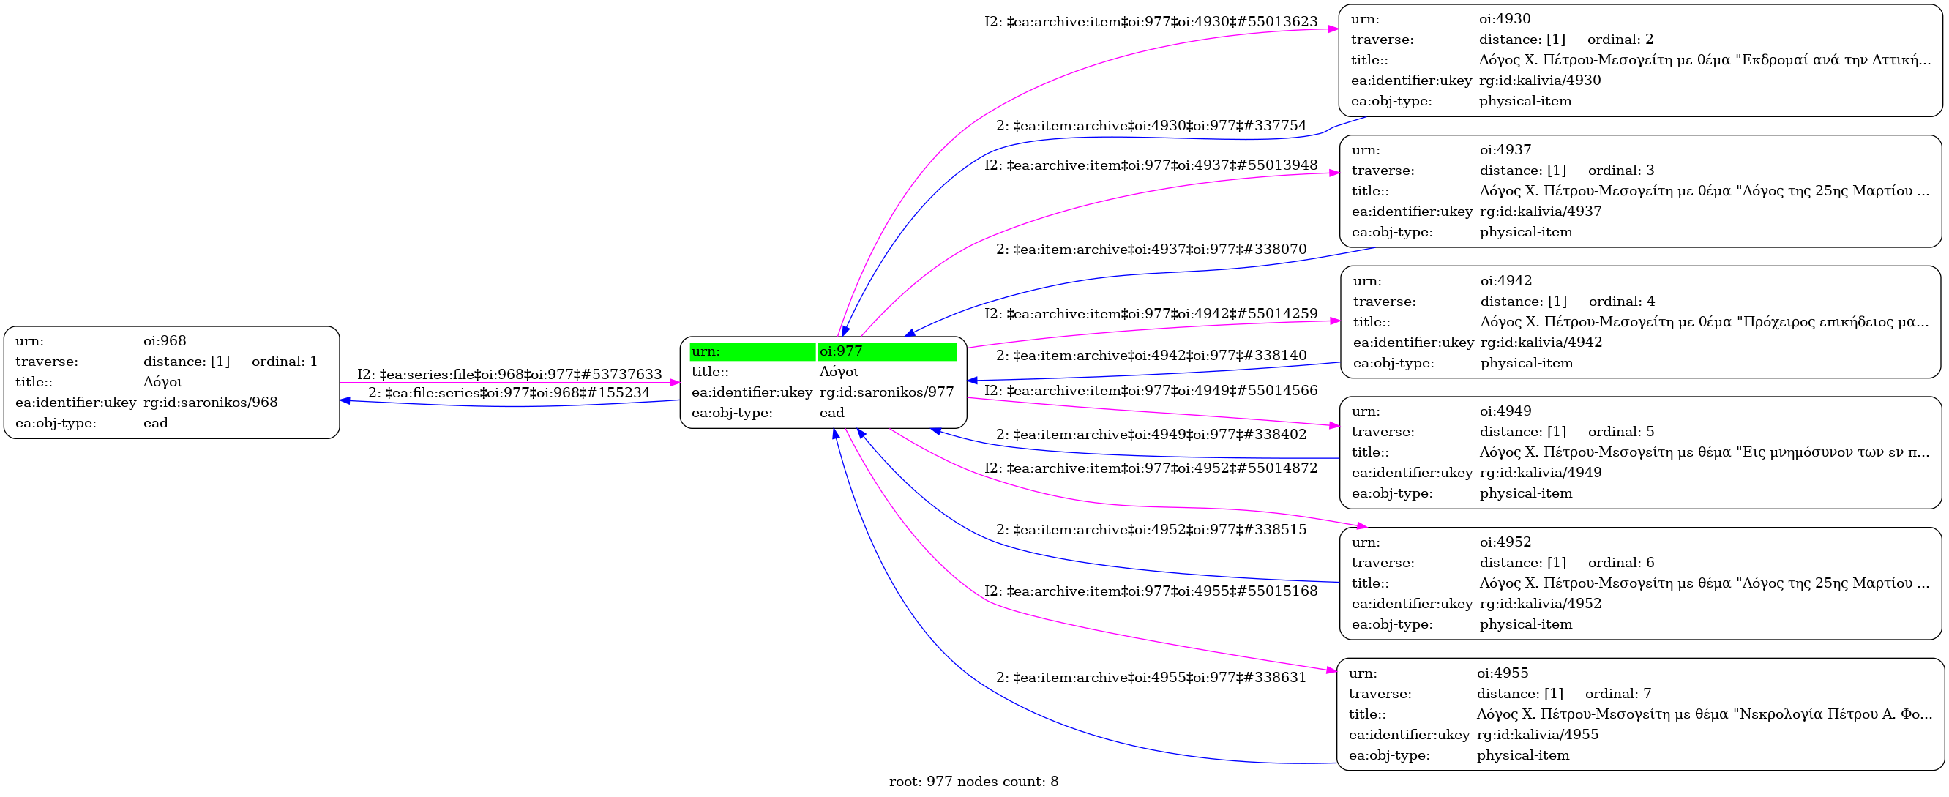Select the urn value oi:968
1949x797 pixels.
(164, 340)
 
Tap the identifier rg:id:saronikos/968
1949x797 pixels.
(210, 402)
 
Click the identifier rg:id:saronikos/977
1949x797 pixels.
(886, 392)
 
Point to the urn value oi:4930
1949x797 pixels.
(1504, 19)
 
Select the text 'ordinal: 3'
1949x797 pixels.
(1620, 171)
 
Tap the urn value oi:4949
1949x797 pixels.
(1505, 411)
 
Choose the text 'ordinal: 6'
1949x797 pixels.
(1620, 562)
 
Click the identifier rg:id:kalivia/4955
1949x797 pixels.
(1538, 734)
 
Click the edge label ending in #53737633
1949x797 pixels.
(509, 375)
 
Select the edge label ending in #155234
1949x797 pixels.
(509, 393)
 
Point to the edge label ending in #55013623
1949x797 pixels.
(1150, 22)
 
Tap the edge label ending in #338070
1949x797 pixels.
(1150, 250)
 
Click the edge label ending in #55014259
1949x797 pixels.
(1150, 314)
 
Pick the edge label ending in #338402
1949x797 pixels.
(1150, 435)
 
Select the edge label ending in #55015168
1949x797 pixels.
(1150, 591)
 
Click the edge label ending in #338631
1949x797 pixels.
(1150, 678)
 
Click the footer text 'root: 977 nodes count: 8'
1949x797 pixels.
(973, 782)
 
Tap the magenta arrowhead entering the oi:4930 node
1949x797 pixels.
(1333, 29)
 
